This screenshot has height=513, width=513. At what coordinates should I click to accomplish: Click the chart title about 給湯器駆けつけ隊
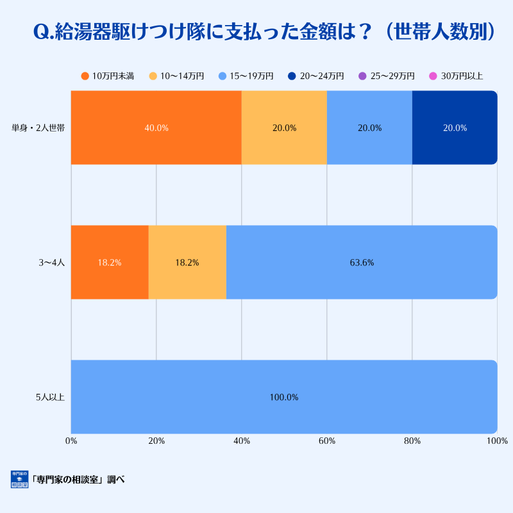(264, 33)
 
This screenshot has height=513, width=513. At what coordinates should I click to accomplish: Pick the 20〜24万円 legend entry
(315, 76)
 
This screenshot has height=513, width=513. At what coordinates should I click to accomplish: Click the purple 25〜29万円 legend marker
(362, 76)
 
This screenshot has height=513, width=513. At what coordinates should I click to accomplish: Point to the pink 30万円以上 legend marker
(433, 76)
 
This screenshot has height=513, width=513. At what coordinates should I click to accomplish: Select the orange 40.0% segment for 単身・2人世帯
(156, 128)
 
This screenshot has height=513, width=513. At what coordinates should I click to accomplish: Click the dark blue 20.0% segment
(455, 128)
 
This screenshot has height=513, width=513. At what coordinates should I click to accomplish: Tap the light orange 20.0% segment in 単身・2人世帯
(284, 128)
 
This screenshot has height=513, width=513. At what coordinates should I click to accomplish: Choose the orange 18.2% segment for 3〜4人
(110, 262)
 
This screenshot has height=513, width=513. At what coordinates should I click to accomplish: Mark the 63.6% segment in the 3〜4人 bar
(362, 262)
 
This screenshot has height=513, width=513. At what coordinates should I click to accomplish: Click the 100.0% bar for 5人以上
(284, 397)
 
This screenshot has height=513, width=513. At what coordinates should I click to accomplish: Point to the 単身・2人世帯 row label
(38, 128)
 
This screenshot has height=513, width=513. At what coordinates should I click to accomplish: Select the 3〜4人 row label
(53, 262)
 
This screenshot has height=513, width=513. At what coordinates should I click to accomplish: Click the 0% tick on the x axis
(71, 441)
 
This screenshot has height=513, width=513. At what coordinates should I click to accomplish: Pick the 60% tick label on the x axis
(327, 441)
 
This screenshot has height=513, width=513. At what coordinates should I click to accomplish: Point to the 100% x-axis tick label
(497, 441)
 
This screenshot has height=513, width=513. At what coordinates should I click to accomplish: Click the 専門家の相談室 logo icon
(20, 479)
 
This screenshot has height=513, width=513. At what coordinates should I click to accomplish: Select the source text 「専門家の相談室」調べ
(78, 480)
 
